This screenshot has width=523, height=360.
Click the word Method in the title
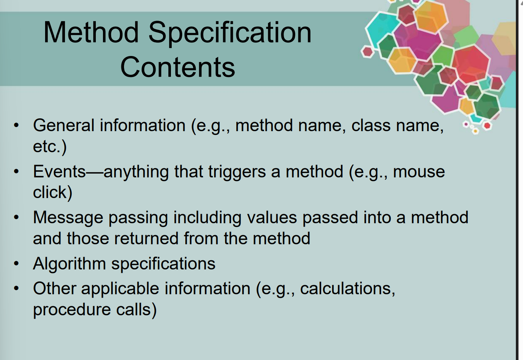tap(91, 32)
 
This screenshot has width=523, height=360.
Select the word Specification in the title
tap(230, 33)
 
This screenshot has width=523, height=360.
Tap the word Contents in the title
tap(178, 67)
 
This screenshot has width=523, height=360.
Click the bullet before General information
tap(16, 125)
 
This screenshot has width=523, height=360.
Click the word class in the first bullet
tap(371, 126)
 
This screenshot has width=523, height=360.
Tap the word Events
tap(59, 171)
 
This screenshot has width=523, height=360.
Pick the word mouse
tap(419, 172)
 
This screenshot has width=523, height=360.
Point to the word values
tap(272, 218)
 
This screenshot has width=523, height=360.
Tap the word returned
tap(146, 238)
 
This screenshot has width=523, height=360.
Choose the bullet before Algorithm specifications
tap(16, 263)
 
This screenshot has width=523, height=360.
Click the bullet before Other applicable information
tap(16, 289)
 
